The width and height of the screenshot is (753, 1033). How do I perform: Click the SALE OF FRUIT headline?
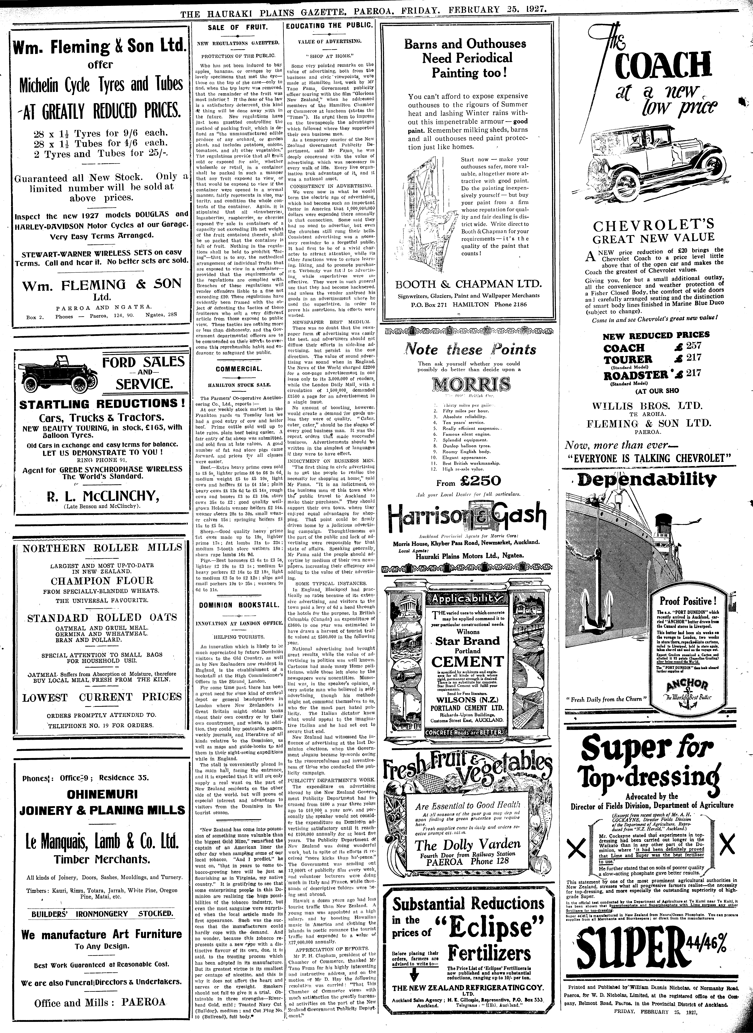click(x=237, y=27)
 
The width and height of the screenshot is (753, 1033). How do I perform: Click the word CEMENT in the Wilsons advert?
click(x=467, y=661)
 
